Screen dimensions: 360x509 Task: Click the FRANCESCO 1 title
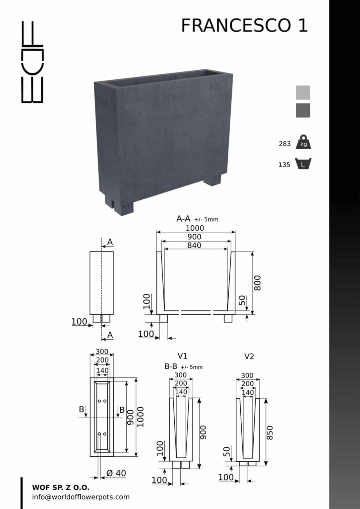click(244, 26)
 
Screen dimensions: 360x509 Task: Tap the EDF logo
click(32, 62)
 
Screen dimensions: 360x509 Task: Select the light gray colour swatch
click(303, 92)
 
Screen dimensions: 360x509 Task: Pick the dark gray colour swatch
click(303, 110)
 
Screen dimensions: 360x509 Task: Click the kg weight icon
click(303, 142)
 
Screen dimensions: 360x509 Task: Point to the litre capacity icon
click(303, 164)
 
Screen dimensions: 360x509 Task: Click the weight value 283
click(284, 144)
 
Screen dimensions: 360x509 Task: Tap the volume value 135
click(284, 165)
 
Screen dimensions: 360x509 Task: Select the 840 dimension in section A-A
click(194, 246)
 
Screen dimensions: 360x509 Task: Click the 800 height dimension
click(257, 283)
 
